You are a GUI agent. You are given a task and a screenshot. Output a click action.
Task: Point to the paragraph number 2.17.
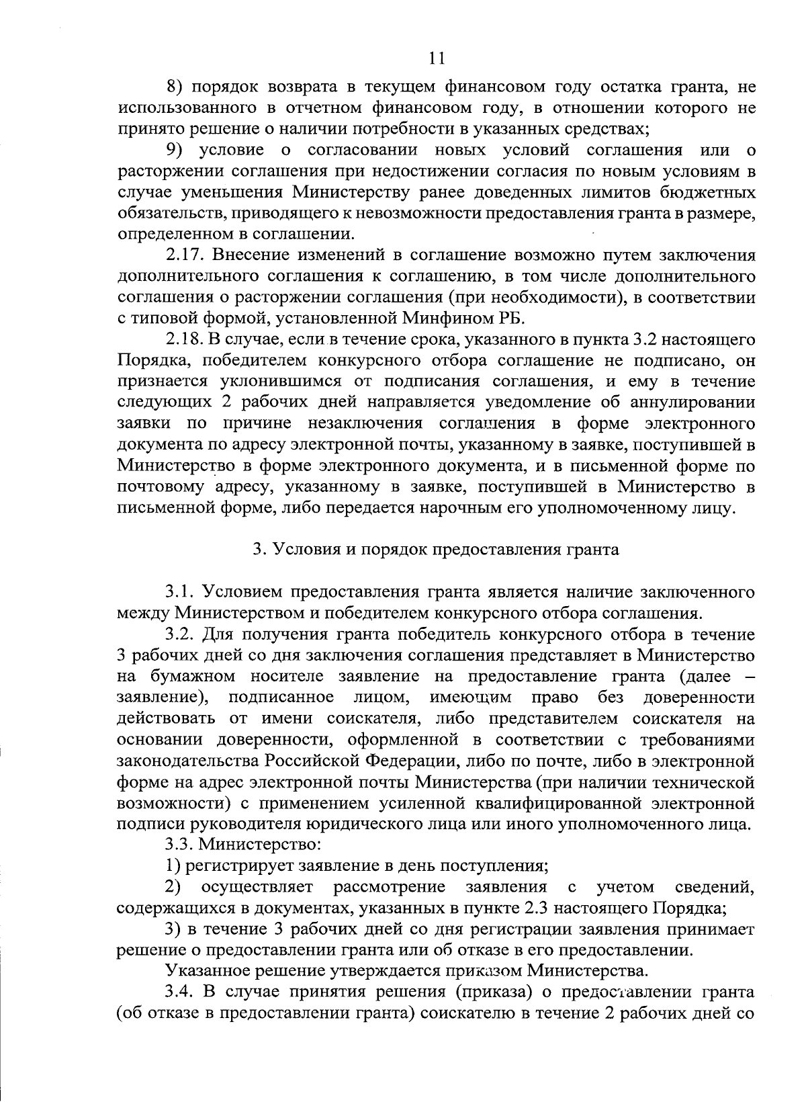point(186,255)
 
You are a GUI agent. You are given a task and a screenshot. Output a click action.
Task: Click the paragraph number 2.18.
point(186,340)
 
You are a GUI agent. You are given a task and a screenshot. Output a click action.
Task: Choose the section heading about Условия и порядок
point(436,550)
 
